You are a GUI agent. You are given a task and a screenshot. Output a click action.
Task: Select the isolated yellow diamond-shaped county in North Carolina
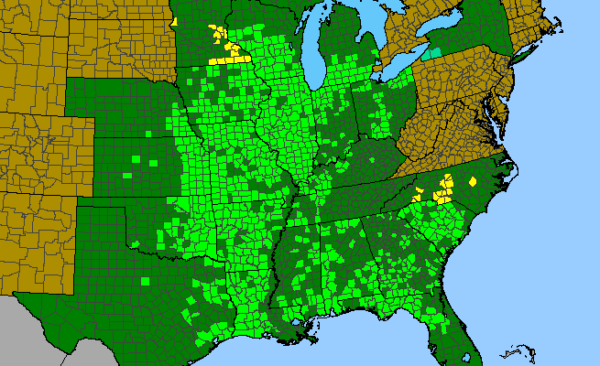tap(473, 182)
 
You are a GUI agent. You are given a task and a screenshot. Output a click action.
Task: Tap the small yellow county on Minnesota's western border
tap(174, 20)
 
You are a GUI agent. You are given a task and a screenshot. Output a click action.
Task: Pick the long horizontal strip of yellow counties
tap(233, 59)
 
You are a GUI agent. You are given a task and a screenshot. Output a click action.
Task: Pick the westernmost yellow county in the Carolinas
tap(418, 194)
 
